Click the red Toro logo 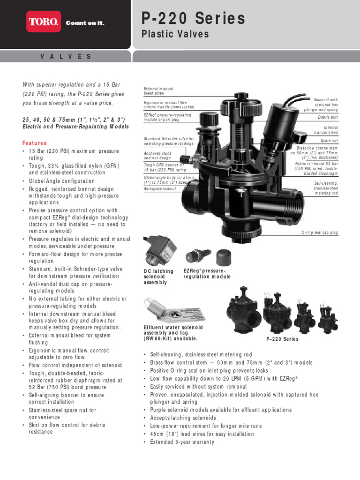point(44,22)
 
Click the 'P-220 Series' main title point(193,18)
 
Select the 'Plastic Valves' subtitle point(175,34)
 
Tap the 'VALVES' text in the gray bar point(66,56)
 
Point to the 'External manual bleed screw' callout point(158,91)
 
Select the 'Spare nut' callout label point(329,140)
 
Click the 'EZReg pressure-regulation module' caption point(207,274)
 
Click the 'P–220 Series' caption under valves point(282,339)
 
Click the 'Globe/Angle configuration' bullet point(61,181)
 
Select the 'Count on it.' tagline point(85,22)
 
